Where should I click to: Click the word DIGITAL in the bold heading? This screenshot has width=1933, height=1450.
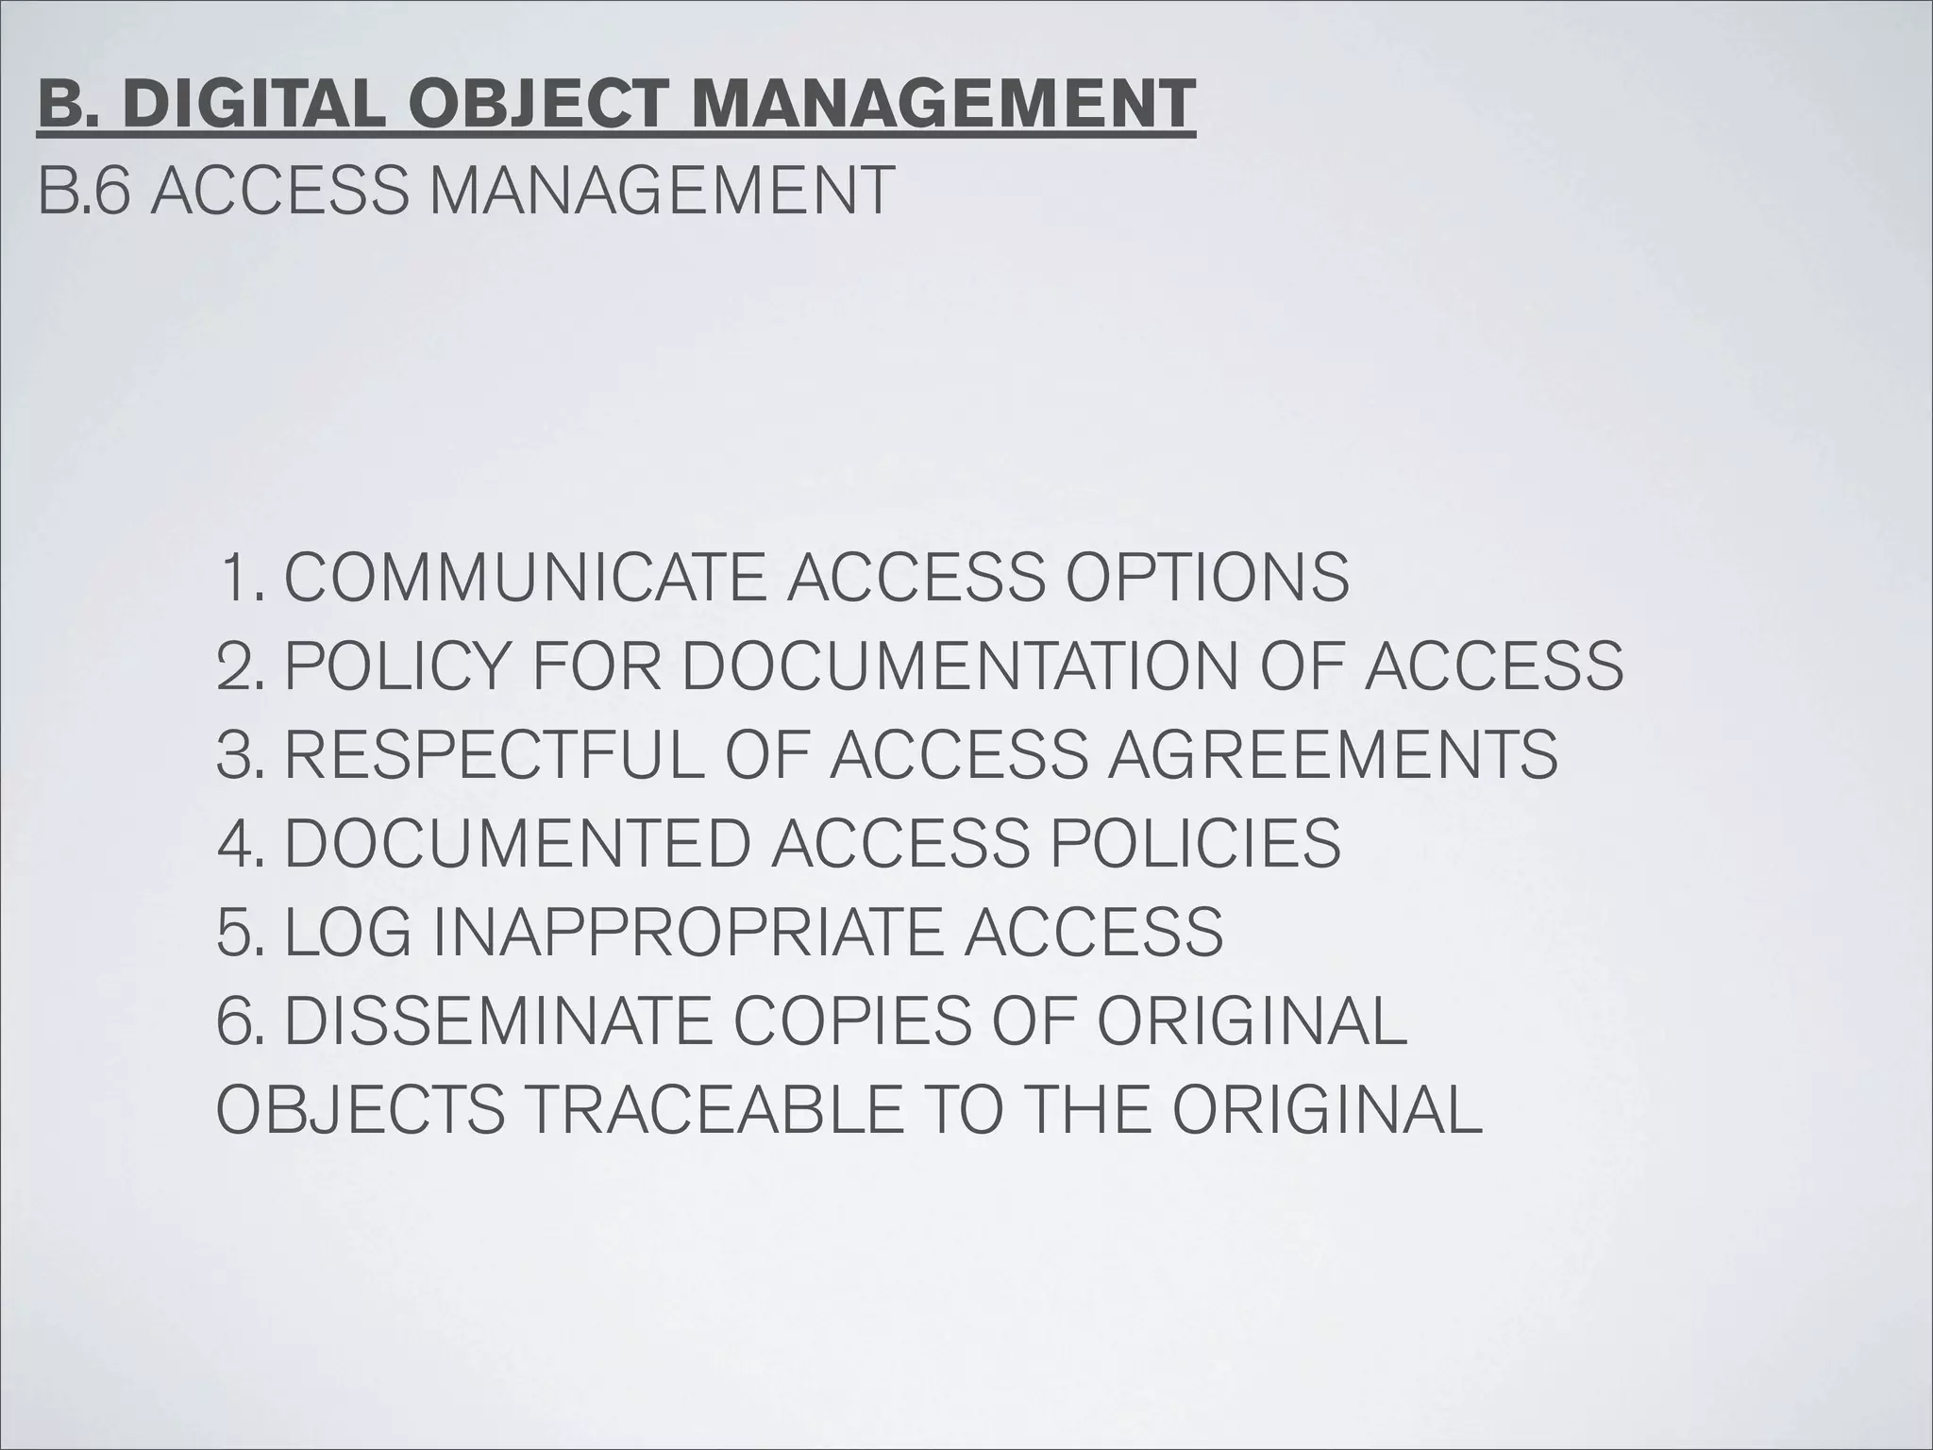(x=253, y=105)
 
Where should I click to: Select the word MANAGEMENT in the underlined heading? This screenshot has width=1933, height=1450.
(x=944, y=105)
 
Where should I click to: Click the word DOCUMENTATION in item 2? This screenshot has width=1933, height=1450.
(x=958, y=666)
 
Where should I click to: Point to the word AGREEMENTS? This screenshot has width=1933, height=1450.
(x=1332, y=754)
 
